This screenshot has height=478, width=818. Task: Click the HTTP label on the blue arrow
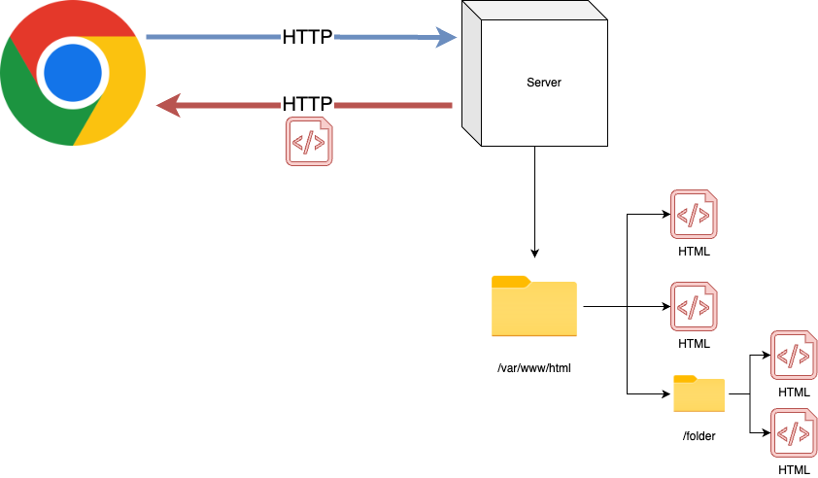click(x=307, y=38)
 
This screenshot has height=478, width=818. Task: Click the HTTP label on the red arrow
click(x=307, y=104)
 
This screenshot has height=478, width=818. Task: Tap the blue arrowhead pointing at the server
click(x=446, y=38)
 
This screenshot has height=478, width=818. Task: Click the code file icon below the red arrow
click(x=308, y=141)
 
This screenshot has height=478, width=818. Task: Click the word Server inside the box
click(x=544, y=83)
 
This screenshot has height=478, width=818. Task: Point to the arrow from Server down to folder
click(x=534, y=204)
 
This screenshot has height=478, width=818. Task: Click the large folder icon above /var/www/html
click(x=534, y=307)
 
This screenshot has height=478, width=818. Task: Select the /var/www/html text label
click(x=533, y=368)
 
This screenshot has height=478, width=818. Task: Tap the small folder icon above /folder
click(x=699, y=393)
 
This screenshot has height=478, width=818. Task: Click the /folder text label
click(x=699, y=436)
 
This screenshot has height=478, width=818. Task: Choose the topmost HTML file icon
click(x=694, y=215)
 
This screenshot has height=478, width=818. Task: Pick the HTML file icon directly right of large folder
click(x=694, y=306)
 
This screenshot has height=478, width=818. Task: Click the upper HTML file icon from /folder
click(x=794, y=356)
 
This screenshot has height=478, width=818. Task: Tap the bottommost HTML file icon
click(x=794, y=433)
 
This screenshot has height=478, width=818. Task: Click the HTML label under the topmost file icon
click(x=694, y=252)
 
